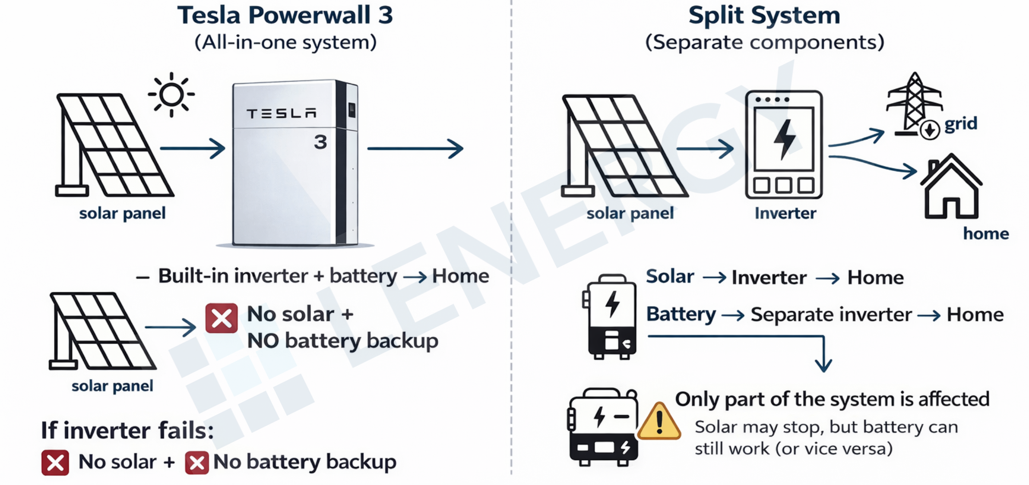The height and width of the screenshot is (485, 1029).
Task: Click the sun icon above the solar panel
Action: (x=171, y=95)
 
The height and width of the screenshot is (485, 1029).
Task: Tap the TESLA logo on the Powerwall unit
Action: (x=281, y=114)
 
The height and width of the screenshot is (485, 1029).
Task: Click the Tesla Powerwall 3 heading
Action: (x=285, y=16)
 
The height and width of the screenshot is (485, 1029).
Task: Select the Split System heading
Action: (x=764, y=16)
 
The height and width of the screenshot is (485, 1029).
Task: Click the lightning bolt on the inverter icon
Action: (x=784, y=139)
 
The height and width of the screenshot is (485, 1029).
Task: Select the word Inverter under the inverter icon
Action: (x=785, y=213)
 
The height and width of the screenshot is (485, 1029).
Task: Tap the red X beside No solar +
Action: (x=221, y=318)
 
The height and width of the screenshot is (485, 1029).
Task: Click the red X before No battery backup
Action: (x=197, y=462)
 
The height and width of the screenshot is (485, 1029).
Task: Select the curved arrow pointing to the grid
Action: (x=857, y=139)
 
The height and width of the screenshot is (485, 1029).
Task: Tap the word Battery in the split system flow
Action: (x=681, y=314)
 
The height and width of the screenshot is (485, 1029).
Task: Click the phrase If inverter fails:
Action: (x=127, y=431)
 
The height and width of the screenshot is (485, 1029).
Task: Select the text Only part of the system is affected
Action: (x=832, y=399)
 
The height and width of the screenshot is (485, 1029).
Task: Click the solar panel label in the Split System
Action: (x=630, y=213)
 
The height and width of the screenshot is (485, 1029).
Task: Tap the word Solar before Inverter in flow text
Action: (x=670, y=277)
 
